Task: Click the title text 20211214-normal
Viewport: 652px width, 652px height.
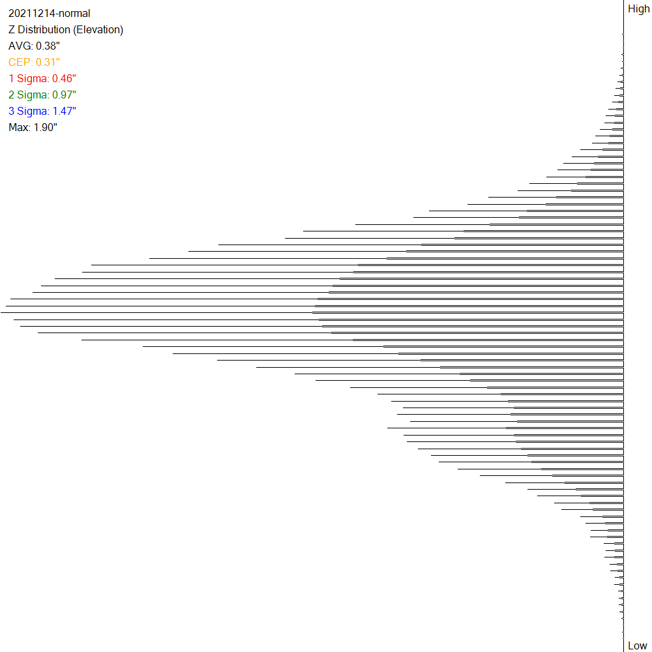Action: (x=49, y=13)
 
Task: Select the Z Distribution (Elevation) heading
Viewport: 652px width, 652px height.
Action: (x=65, y=29)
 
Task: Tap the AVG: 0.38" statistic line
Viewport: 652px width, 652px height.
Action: (x=34, y=46)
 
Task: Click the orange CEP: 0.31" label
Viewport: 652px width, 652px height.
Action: (x=34, y=62)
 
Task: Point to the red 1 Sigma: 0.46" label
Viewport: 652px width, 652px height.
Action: (x=43, y=78)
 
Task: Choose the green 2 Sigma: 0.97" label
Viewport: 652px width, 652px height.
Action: (x=43, y=95)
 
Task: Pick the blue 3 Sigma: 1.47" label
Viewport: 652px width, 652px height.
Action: (x=43, y=111)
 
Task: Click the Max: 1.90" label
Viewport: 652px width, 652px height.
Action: (x=33, y=127)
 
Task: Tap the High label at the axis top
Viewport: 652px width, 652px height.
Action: (x=638, y=8)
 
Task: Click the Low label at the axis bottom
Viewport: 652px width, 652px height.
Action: (x=637, y=645)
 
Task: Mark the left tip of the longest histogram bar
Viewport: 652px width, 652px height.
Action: (x=1, y=312)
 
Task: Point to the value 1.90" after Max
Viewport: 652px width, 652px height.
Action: (x=45, y=127)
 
